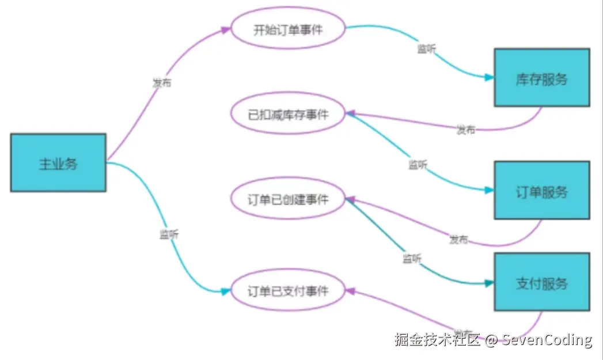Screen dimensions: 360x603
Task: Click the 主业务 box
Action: tap(58, 163)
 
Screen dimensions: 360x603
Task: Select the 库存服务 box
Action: tap(541, 78)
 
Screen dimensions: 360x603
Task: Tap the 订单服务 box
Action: tap(541, 191)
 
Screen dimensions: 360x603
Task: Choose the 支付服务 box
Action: tap(541, 282)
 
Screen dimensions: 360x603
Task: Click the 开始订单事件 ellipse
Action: tap(288, 30)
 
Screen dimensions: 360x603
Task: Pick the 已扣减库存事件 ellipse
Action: tap(288, 115)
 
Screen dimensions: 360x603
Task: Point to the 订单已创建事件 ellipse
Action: tap(288, 199)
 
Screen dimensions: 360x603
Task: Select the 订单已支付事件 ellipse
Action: tap(288, 290)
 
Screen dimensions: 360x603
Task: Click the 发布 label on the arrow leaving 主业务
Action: tap(161, 82)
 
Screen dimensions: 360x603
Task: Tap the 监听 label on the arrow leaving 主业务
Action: tap(169, 234)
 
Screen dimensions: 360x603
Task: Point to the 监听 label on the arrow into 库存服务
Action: tap(426, 49)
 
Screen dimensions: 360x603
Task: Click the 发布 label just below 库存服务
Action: tap(466, 130)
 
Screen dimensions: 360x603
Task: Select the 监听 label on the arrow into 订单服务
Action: tap(418, 165)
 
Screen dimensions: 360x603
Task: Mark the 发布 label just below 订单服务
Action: tap(459, 239)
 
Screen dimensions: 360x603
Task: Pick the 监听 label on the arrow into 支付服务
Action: tap(412, 259)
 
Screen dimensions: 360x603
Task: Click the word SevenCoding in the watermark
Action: tap(547, 340)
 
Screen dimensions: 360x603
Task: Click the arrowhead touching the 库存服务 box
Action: tap(490, 77)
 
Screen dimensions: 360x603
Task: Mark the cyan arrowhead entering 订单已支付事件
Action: tap(226, 291)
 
